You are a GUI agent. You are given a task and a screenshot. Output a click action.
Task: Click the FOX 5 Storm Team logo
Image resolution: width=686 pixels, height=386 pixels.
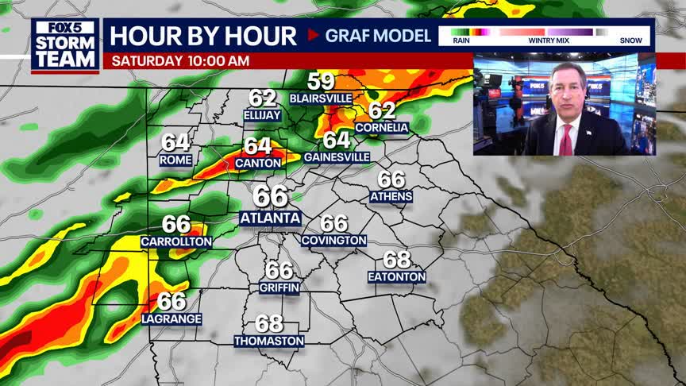pos(65,45)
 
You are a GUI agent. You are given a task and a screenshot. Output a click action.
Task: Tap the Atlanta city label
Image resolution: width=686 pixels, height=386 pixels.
pos(270,218)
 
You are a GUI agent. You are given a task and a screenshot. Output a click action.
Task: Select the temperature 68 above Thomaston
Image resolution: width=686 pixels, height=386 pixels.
pos(269,324)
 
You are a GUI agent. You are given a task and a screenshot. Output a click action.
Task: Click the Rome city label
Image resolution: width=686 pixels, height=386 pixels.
pos(175,160)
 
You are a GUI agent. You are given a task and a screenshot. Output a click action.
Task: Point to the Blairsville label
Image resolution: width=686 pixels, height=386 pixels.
pos(321,98)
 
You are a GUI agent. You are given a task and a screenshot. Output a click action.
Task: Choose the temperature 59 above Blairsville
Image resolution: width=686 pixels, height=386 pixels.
pos(321,81)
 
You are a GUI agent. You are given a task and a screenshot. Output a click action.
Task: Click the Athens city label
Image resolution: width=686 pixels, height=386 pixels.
pos(391,196)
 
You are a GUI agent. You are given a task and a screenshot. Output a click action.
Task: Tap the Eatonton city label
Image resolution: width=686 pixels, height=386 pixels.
pos(397,276)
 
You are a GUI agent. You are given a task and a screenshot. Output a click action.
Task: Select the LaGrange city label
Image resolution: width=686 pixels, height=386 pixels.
pos(171,318)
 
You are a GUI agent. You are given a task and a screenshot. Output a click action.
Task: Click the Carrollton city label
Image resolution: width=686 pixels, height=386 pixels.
pos(176,241)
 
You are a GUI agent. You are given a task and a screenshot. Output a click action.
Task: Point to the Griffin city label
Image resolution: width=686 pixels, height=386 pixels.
pos(279,288)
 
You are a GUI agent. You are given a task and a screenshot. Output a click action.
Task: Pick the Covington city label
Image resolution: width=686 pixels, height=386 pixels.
pos(334,240)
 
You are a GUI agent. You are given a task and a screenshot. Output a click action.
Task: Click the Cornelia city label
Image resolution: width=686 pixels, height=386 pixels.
pos(382,127)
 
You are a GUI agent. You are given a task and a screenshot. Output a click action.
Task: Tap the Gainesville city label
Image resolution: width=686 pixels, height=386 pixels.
pos(336,157)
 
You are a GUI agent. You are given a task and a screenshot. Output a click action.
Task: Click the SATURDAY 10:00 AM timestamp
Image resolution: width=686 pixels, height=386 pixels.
pos(180,61)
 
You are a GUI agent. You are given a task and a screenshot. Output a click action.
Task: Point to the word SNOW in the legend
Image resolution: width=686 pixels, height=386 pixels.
pos(630,41)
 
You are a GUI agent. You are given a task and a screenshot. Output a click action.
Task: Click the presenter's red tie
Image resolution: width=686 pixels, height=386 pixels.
pos(565,140)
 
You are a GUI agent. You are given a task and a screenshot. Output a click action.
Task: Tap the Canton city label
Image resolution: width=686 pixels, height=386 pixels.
pos(258,163)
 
